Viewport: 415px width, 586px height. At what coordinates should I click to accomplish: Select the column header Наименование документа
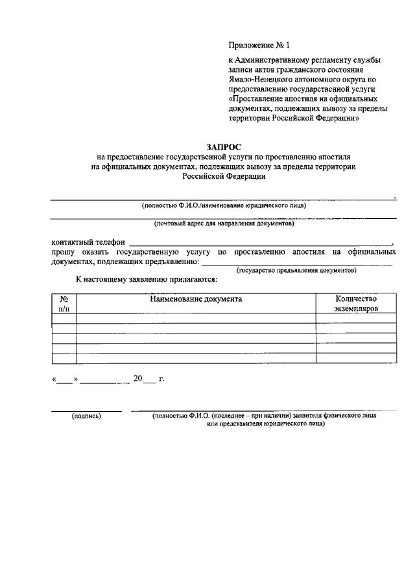(196, 299)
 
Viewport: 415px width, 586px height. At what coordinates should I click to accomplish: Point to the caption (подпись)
(86, 418)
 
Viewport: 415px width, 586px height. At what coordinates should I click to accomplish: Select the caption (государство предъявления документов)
(297, 269)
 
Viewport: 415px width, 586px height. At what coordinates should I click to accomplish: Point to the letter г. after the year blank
(161, 379)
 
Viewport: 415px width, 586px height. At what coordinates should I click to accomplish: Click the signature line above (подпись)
(86, 411)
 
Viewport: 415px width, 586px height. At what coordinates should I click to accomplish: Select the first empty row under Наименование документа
(196, 318)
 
